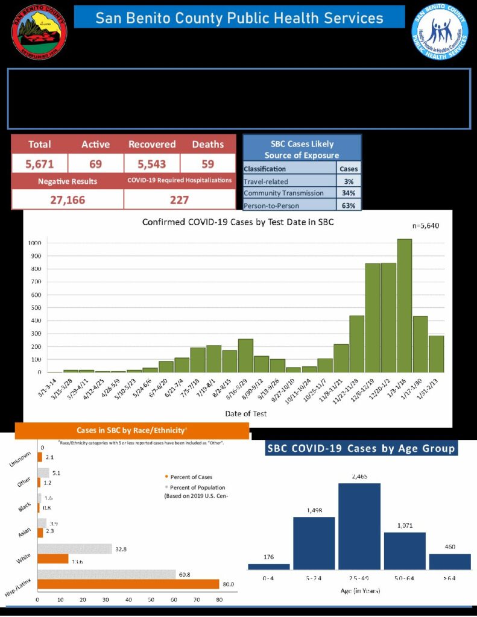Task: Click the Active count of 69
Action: (95, 163)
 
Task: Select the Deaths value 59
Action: (207, 163)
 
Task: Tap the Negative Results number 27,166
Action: (67, 199)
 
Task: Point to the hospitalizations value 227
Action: (179, 199)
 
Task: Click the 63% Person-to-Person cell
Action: (349, 205)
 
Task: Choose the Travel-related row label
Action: (266, 181)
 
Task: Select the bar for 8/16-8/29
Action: (245, 355)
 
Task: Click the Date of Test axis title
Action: (245, 413)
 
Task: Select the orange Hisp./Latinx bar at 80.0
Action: (128, 584)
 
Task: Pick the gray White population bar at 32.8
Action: (75, 549)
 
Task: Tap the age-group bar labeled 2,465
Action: (359, 526)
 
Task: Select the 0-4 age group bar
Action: (268, 566)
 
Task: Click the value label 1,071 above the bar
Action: (404, 525)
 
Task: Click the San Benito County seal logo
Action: (39, 31)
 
